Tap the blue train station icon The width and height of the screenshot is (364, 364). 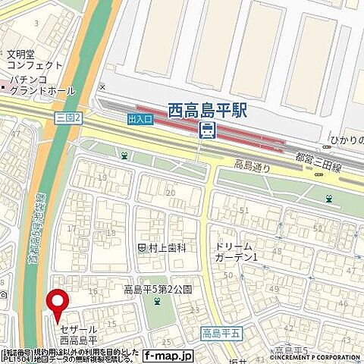tap(206, 131)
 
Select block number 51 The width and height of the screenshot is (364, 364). tap(244, 210)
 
